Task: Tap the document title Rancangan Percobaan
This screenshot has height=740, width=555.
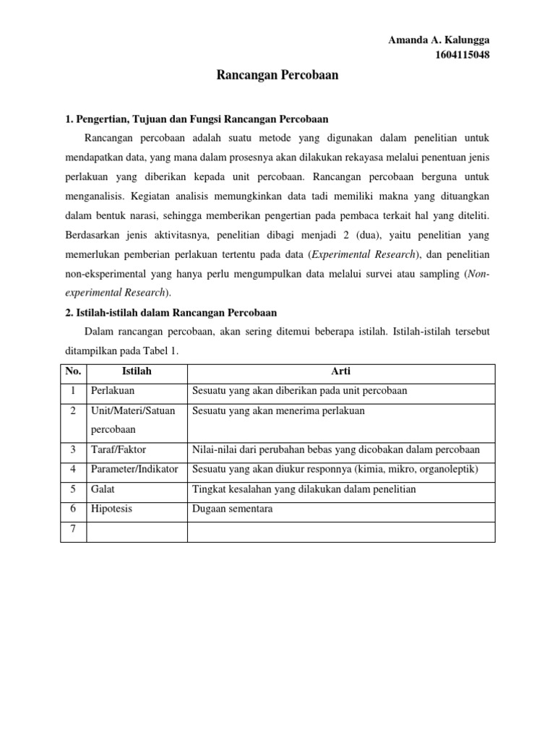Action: pos(277,75)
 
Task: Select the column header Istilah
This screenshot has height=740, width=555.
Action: pos(137,371)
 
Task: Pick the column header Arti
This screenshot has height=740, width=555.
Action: pos(341,371)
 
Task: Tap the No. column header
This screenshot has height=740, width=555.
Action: pos(73,371)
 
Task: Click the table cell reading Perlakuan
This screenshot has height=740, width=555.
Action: pos(113,391)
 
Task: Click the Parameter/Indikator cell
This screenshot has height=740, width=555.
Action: pos(134,470)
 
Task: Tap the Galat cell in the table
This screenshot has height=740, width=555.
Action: pos(104,490)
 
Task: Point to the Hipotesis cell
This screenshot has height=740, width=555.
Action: pos(112,509)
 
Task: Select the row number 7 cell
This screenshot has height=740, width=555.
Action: pos(73,530)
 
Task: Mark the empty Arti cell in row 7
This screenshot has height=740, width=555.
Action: pos(341,531)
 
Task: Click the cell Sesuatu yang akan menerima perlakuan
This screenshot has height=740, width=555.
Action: pos(278,410)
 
